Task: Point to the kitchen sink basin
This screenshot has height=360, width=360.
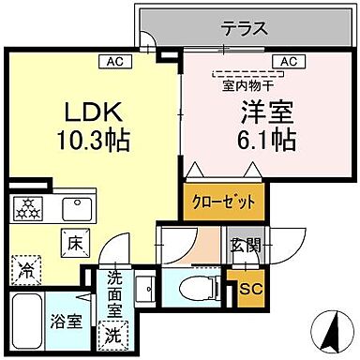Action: click(72, 206)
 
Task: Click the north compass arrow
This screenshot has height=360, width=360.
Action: click(331, 329)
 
